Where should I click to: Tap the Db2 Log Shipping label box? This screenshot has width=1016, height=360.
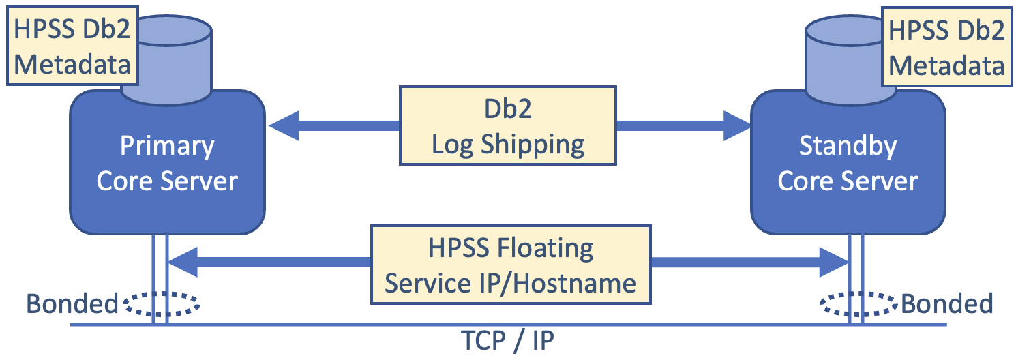(x=507, y=126)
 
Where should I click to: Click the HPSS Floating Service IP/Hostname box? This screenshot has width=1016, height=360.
(x=510, y=265)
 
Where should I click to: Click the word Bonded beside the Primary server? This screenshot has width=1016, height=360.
(x=72, y=303)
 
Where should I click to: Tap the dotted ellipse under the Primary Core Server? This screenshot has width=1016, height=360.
(x=161, y=304)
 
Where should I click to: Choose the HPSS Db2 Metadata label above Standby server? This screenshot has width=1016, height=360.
(x=946, y=46)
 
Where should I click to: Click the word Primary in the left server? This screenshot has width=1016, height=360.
(x=167, y=146)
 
